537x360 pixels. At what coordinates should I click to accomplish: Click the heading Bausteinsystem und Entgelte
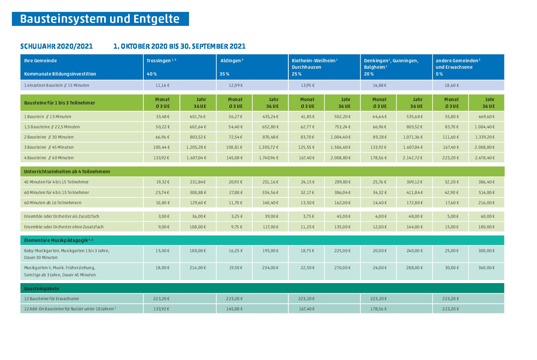pyautogui.click(x=100, y=19)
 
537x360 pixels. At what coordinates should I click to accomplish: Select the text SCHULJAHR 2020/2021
pyautogui.click(x=57, y=46)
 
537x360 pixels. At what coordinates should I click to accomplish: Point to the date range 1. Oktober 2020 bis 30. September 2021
pyautogui.click(x=179, y=46)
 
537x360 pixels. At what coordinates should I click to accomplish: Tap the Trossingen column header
pyautogui.click(x=161, y=60)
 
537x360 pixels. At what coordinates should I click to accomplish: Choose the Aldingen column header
pyautogui.click(x=232, y=60)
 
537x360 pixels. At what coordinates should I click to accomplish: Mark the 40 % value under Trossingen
pyautogui.click(x=152, y=74)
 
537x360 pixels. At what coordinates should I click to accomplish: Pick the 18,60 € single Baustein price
pyautogui.click(x=452, y=85)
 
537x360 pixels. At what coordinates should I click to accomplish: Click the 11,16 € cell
pyautogui.click(x=162, y=85)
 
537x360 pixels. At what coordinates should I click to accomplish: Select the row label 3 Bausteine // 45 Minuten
pyautogui.click(x=49, y=147)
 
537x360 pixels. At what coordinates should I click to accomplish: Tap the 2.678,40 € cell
pyautogui.click(x=485, y=158)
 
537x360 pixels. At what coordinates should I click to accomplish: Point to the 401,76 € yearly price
pyautogui.click(x=198, y=117)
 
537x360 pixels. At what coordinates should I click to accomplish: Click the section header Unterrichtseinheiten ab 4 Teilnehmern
pyautogui.click(x=67, y=171)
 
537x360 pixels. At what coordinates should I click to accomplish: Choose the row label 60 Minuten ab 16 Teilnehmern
pyautogui.click(x=53, y=203)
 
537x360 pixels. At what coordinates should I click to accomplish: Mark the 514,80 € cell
pyautogui.click(x=486, y=192)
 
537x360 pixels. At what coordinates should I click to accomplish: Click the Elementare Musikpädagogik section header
pyautogui.click(x=59, y=240)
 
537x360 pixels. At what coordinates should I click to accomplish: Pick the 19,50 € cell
pyautogui.click(x=235, y=268)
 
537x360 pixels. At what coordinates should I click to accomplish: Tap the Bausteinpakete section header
pyautogui.click(x=42, y=289)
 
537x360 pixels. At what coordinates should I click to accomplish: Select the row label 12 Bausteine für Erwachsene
pyautogui.click(x=51, y=299)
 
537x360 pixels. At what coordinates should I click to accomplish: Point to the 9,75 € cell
pyautogui.click(x=237, y=227)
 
